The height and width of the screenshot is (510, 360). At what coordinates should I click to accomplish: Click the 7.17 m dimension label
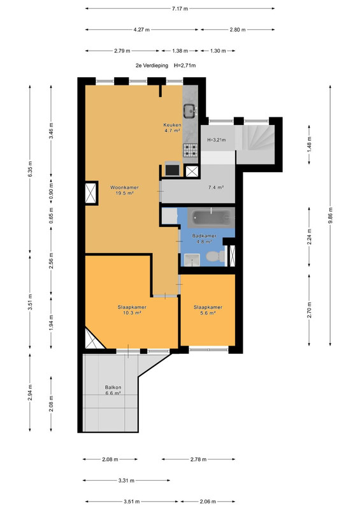click(180, 9)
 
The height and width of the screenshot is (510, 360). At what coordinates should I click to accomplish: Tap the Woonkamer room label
click(124, 187)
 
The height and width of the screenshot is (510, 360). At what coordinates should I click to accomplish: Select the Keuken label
click(173, 125)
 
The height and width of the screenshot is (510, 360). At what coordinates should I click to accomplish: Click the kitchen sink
click(190, 111)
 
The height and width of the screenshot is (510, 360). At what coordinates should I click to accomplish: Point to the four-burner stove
click(191, 150)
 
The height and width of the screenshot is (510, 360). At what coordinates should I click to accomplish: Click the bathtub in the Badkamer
click(212, 217)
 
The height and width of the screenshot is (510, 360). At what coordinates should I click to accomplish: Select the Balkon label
click(113, 388)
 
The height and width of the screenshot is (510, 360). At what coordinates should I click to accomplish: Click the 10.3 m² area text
click(132, 313)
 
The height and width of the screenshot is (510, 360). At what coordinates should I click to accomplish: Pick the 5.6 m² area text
click(208, 313)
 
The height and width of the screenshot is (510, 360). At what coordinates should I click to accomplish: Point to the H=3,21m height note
click(217, 140)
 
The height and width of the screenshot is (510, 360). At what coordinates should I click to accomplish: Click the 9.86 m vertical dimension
click(330, 215)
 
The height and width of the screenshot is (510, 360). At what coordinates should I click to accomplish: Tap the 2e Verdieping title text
click(152, 66)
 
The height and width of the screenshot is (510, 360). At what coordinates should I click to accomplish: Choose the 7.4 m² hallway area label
click(216, 187)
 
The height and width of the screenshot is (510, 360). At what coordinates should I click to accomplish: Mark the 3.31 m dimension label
click(126, 481)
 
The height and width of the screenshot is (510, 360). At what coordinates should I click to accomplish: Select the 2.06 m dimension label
click(208, 502)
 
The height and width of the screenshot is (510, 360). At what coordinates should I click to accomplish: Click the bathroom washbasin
click(192, 260)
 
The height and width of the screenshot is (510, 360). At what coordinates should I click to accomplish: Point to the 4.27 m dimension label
click(141, 30)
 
